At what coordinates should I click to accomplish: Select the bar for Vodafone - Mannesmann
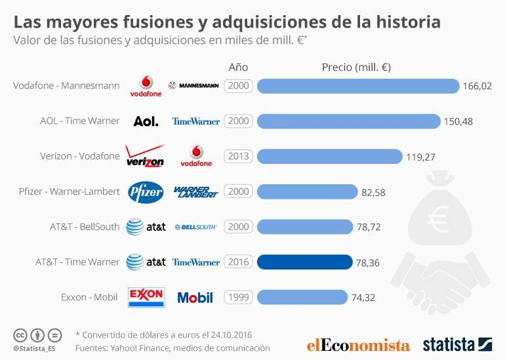358,86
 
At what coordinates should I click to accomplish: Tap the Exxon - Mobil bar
302,297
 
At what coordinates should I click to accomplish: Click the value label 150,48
458,121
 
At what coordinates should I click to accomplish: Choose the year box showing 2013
238,156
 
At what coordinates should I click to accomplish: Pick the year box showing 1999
238,297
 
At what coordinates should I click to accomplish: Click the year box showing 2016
238,262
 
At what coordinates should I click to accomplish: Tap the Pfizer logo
145,191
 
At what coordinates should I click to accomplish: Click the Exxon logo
146,296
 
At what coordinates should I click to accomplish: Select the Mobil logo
195,298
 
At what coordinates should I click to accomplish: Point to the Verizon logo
145,157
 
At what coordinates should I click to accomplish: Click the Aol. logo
146,121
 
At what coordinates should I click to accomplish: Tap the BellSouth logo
195,227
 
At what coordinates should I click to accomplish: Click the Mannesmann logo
193,86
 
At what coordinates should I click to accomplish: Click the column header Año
238,67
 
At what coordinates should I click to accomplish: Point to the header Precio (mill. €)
356,67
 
